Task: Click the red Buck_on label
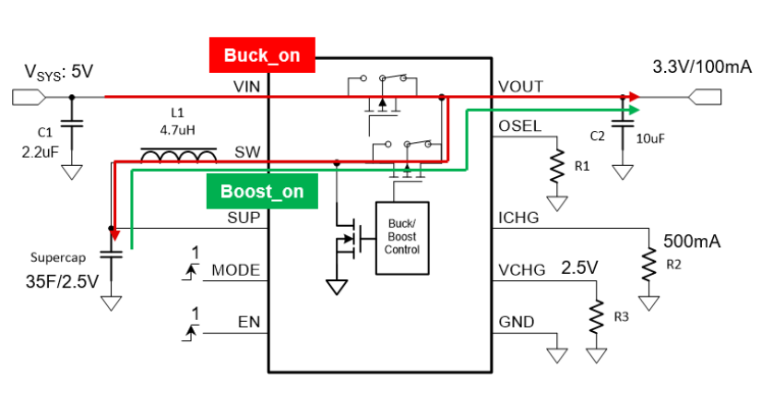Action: [263, 55]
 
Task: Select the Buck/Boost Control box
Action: [402, 237]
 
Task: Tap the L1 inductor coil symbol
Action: [178, 157]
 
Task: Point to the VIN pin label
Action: [244, 86]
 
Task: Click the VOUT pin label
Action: [521, 87]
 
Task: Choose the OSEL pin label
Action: [520, 126]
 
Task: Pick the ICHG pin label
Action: [519, 219]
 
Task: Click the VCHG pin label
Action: [522, 270]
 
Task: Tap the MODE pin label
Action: [236, 271]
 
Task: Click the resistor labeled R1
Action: [557, 169]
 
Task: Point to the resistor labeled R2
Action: [651, 267]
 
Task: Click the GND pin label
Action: [517, 323]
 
